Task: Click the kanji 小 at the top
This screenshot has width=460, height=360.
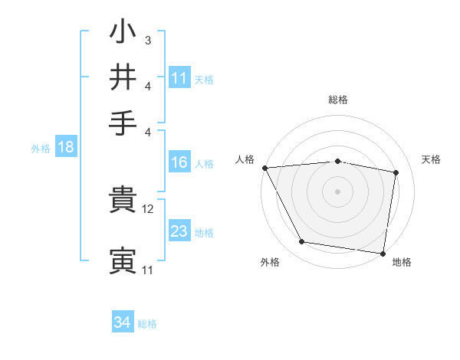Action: [123, 34]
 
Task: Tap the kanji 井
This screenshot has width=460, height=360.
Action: [123, 77]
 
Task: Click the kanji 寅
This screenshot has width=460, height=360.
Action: [123, 261]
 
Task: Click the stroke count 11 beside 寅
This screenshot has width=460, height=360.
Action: [147, 270]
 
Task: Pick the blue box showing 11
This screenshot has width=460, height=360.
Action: [179, 77]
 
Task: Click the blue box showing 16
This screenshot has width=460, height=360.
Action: [179, 162]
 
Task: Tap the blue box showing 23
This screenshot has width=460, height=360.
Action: [179, 231]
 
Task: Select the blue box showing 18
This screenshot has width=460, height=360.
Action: [65, 147]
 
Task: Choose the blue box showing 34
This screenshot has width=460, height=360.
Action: [122, 322]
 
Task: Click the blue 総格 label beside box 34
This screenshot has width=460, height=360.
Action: [147, 324]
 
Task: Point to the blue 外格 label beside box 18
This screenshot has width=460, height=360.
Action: [41, 149]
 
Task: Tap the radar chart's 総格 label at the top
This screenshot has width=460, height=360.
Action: [337, 100]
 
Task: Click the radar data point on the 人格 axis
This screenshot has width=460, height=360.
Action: [264, 168]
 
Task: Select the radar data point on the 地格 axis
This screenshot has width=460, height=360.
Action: [383, 253]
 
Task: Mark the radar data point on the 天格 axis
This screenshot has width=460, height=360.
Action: [396, 172]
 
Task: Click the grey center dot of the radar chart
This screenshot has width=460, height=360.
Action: [337, 191]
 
